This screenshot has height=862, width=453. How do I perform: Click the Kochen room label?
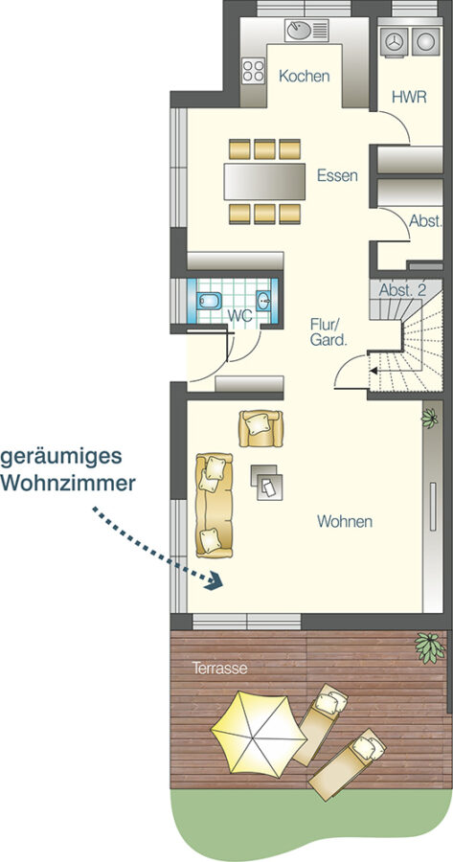(x=304, y=77)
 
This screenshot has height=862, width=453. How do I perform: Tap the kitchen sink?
(x=306, y=30)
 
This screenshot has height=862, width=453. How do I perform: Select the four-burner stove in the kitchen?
(x=254, y=71)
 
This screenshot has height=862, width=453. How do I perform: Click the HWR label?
(x=409, y=98)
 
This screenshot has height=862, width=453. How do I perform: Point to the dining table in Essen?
(x=264, y=181)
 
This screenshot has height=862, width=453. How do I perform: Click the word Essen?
(x=337, y=176)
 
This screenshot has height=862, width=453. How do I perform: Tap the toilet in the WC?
(x=209, y=302)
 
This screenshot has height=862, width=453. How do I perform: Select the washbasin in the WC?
(x=263, y=301)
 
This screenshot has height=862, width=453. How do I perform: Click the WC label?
(x=239, y=316)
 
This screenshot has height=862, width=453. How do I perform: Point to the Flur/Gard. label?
(x=328, y=332)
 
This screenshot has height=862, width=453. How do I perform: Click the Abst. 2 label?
(x=402, y=291)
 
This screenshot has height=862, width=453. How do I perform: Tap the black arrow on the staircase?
(x=374, y=371)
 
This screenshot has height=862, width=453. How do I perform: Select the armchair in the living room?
(x=260, y=428)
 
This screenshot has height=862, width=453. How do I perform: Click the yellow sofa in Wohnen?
(x=214, y=505)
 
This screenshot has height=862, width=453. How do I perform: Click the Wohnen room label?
(x=345, y=521)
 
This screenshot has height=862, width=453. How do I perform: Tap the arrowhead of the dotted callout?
(x=215, y=580)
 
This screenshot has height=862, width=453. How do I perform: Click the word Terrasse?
(x=219, y=669)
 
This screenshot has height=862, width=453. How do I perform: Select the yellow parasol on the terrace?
(x=259, y=735)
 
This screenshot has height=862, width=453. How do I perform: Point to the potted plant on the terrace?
(x=429, y=646)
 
